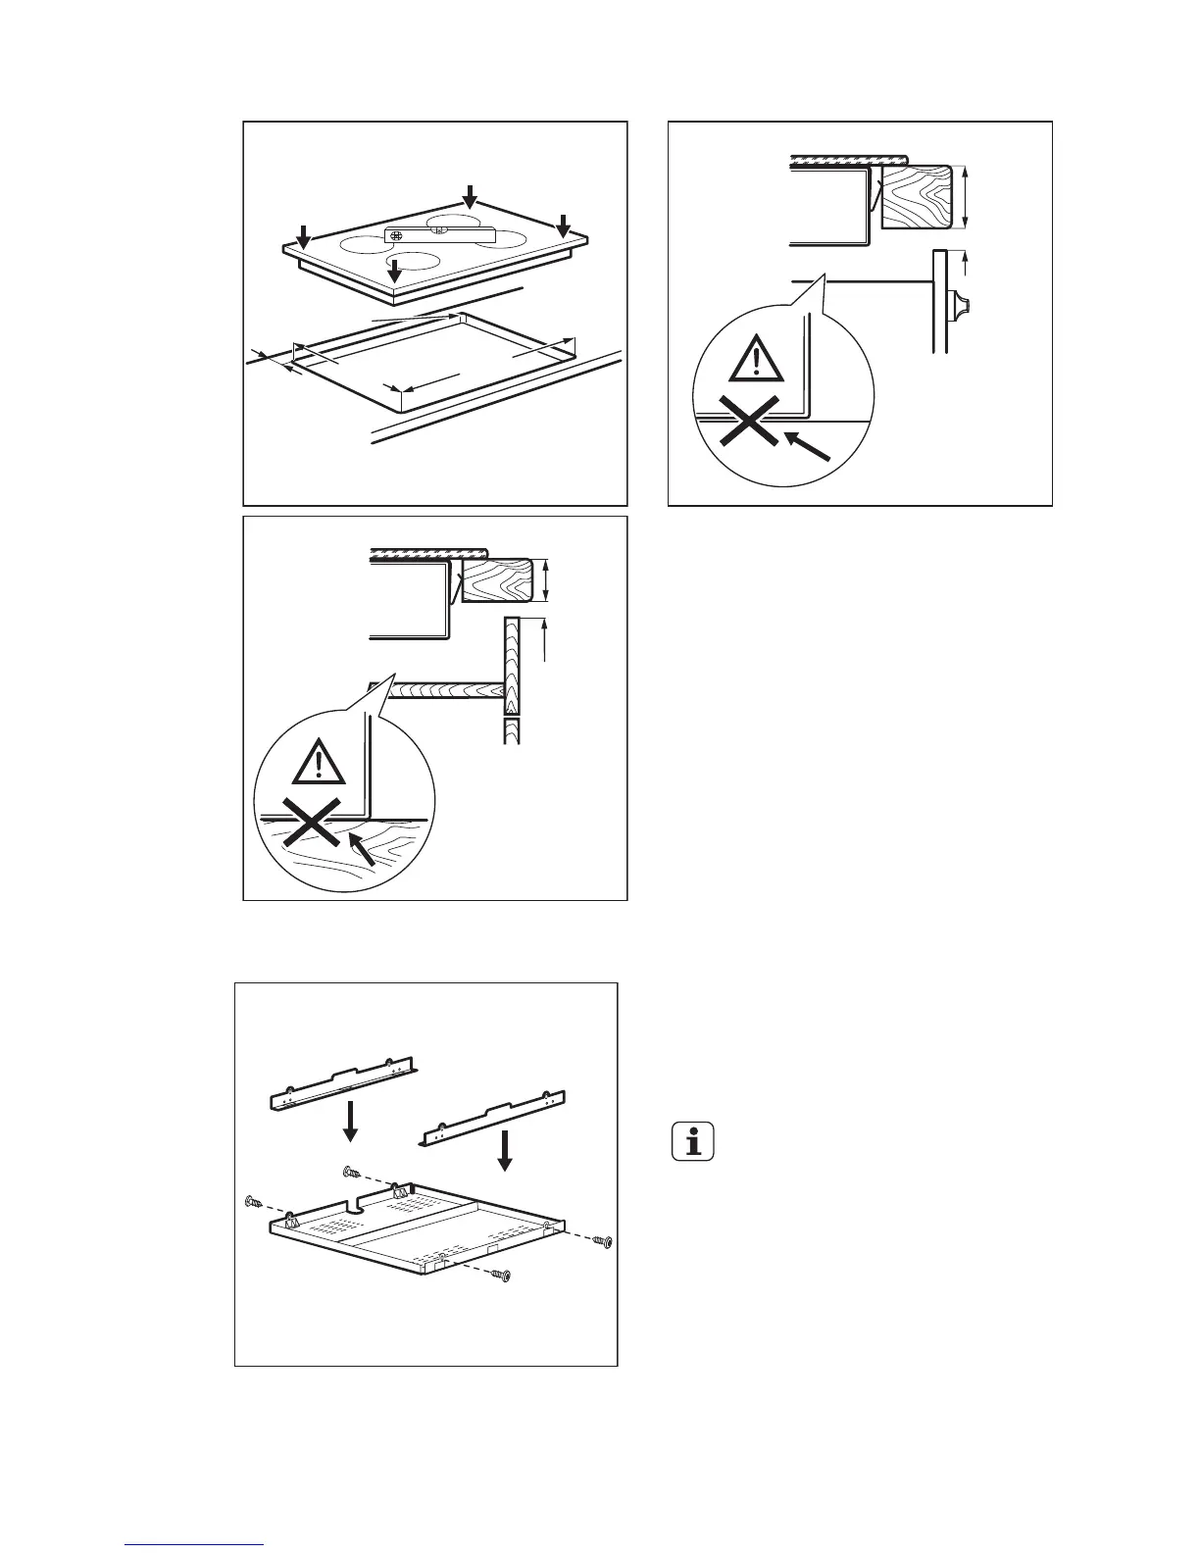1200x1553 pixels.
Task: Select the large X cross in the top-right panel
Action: [747, 426]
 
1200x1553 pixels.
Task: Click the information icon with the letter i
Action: [694, 1142]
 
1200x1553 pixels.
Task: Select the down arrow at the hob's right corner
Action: [563, 225]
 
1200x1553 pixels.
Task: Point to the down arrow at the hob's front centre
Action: [395, 271]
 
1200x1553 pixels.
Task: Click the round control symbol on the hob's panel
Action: [397, 235]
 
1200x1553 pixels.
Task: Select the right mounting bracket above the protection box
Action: [495, 1118]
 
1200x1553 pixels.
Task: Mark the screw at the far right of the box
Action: [606, 1242]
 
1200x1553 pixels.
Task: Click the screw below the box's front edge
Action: [503, 1276]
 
